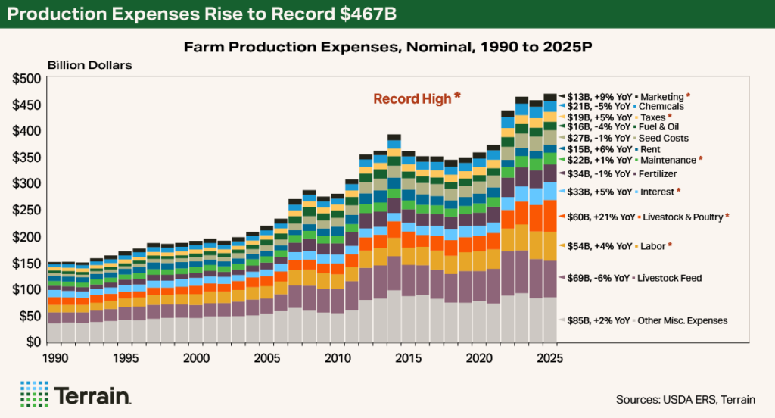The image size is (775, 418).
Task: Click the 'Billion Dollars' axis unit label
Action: (x=90, y=64)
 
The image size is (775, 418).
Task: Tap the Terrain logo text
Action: (x=93, y=396)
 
